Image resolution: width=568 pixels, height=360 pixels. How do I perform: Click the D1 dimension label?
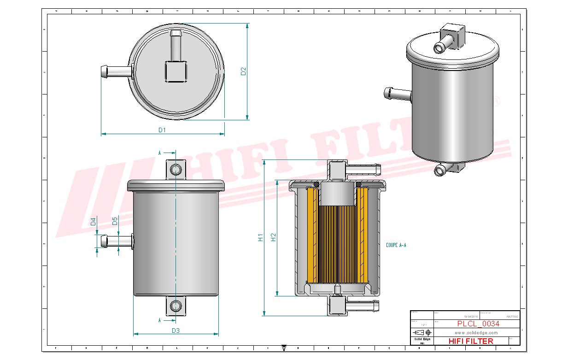tap(162, 130)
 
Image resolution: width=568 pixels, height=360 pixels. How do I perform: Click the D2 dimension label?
tap(244, 71)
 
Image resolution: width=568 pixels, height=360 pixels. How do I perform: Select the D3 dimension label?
tap(176, 330)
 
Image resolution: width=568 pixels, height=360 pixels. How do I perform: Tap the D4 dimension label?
tap(93, 221)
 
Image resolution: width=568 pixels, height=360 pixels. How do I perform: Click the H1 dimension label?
tap(260, 237)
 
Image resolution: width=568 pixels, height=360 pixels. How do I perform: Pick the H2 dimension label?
tap(273, 237)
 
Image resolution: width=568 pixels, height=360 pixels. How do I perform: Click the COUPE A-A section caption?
tap(396, 245)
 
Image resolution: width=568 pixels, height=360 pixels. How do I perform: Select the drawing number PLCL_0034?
tap(478, 324)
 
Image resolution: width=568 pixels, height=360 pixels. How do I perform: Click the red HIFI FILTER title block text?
tap(470, 341)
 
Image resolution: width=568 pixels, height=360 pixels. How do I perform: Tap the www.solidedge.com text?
tap(476, 332)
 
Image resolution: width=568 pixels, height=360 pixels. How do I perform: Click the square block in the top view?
tap(176, 71)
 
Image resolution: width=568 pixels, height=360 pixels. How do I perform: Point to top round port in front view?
tap(176, 169)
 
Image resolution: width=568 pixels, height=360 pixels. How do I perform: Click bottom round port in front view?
tap(176, 306)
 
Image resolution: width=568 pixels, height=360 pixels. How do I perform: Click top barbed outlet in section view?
tap(362, 169)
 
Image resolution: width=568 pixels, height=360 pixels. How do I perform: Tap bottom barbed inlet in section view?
tap(362, 305)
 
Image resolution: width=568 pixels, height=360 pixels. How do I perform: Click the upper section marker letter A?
tap(160, 152)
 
